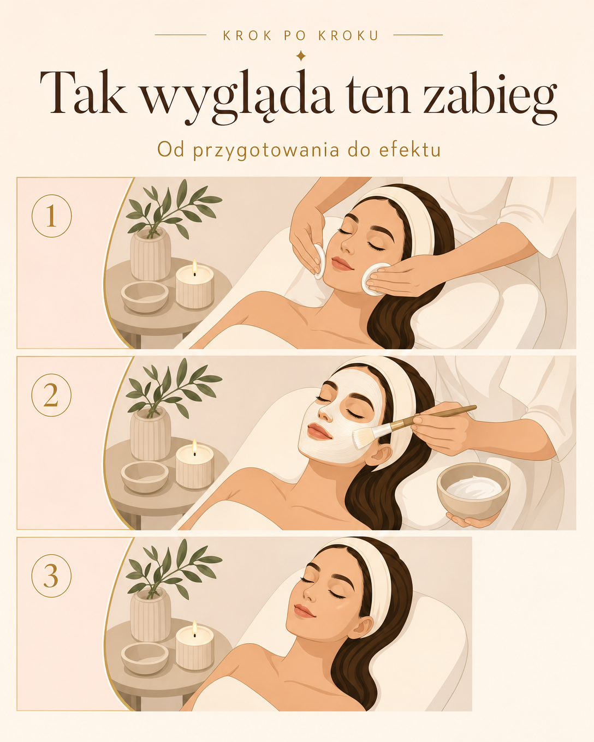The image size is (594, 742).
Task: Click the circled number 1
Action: (51, 216)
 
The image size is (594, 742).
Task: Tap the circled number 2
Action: (51, 395)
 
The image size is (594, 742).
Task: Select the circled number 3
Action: (51, 576)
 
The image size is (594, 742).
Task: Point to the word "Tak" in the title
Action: (83, 92)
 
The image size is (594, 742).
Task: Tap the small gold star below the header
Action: (301, 56)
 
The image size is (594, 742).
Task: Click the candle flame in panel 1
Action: (194, 267)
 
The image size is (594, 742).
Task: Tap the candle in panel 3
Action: (195, 646)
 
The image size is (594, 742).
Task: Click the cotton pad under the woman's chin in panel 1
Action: (374, 279)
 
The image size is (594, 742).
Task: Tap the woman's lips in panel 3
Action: (305, 611)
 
